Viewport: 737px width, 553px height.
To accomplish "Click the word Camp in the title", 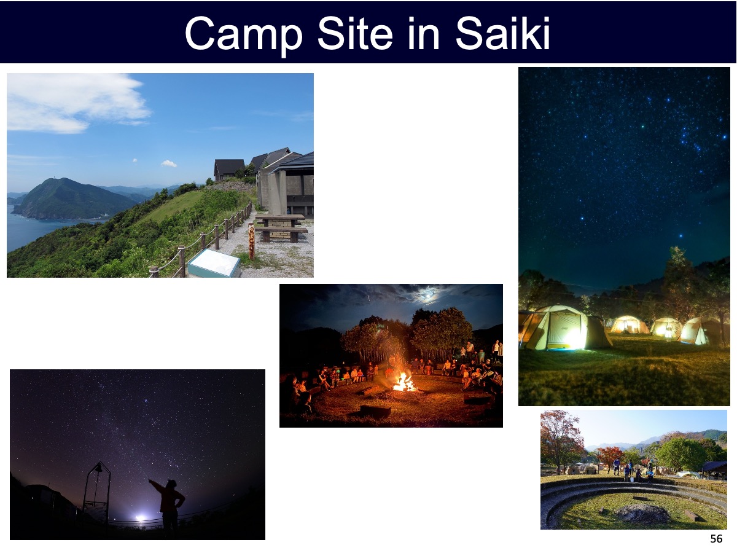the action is pos(244,34).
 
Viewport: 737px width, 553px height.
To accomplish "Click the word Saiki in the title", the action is pos(502,33).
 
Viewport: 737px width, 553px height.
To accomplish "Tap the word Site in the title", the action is pos(355,33).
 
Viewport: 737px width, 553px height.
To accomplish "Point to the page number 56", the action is pos(716,539).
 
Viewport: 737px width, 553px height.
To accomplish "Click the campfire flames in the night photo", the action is pos(404,382).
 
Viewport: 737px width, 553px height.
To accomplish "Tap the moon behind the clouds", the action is pos(428,296).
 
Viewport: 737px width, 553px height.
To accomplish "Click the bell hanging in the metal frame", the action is pos(98,468).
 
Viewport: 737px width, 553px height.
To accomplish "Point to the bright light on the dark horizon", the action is pos(140,519).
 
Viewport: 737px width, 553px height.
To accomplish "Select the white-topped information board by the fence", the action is pos(214,263).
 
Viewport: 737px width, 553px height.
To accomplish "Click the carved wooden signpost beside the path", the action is pos(251,241).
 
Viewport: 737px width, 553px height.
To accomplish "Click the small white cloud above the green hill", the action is pos(168,163).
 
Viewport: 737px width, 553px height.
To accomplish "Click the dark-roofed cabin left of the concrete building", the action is pos(229,170).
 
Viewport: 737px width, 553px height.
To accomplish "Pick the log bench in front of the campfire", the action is pos(375,411).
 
